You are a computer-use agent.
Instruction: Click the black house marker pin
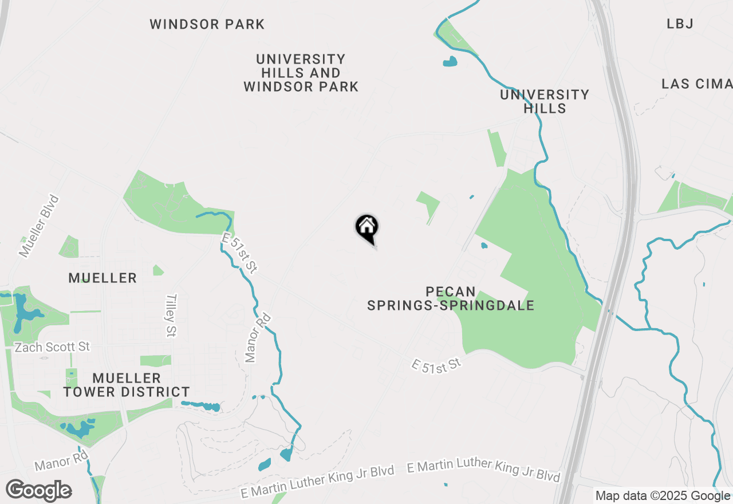[x=367, y=228]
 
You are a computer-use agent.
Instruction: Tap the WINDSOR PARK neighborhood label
[x=207, y=25]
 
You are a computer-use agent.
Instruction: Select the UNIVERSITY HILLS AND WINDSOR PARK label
[x=301, y=73]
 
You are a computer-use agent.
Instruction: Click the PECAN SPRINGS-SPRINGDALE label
[x=451, y=298]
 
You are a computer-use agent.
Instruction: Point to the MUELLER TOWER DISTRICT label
[x=127, y=385]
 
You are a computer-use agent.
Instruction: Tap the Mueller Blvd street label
[x=39, y=226]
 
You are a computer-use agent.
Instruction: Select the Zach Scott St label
[x=52, y=347]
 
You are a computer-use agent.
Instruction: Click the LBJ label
[x=680, y=24]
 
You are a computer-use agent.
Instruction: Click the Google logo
[x=38, y=491]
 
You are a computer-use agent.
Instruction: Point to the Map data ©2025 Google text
[x=663, y=496]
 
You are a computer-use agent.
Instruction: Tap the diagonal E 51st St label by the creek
[x=239, y=253]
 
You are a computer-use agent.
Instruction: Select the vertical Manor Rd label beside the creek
[x=258, y=338]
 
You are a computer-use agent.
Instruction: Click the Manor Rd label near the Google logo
[x=61, y=462]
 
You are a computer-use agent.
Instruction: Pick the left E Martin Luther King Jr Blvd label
[x=318, y=482]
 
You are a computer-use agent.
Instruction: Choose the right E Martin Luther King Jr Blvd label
[x=483, y=470]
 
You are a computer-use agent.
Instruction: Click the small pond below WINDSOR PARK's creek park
[x=450, y=61]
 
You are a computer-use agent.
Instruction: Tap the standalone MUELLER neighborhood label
[x=103, y=278]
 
